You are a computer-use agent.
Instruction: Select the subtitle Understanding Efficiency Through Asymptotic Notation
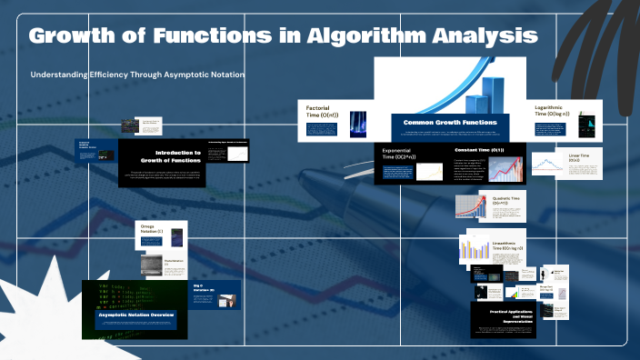tap(137, 75)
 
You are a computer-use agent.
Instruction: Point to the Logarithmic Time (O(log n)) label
tap(553, 110)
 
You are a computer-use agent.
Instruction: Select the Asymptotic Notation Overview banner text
tap(136, 315)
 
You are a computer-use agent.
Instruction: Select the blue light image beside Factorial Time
tap(358, 124)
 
